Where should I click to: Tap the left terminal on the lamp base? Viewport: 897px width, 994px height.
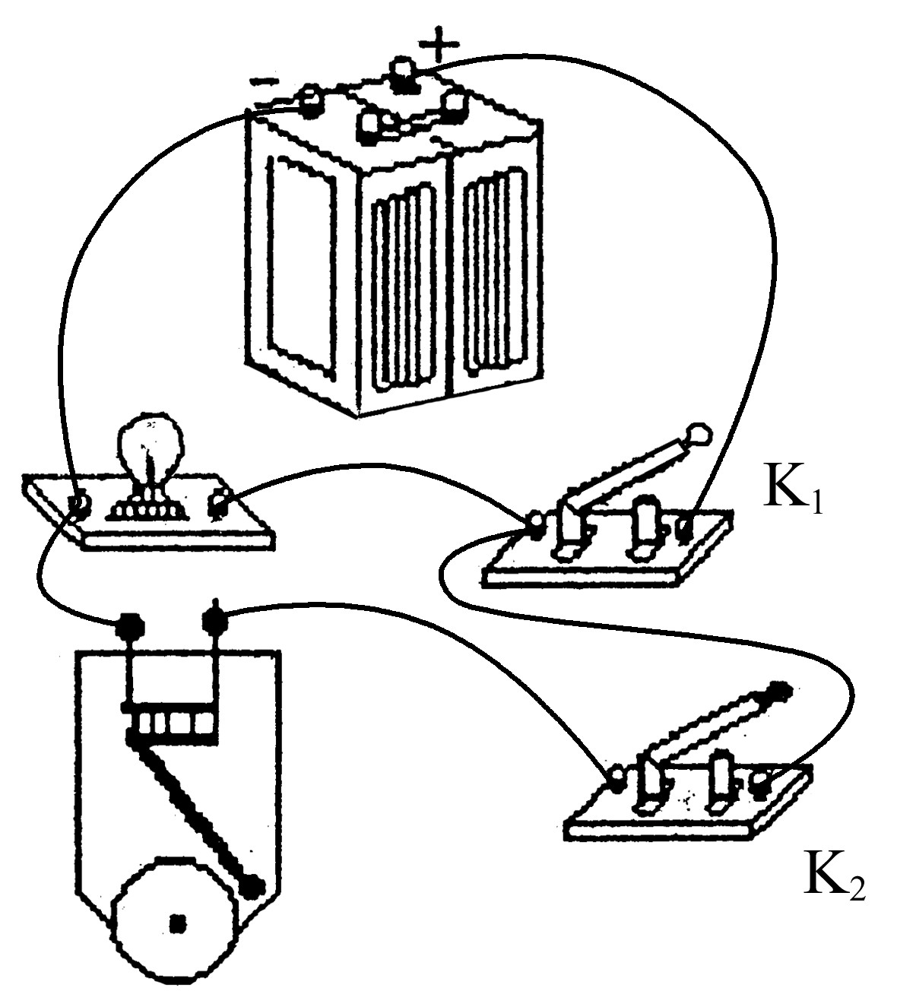coord(79,507)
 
